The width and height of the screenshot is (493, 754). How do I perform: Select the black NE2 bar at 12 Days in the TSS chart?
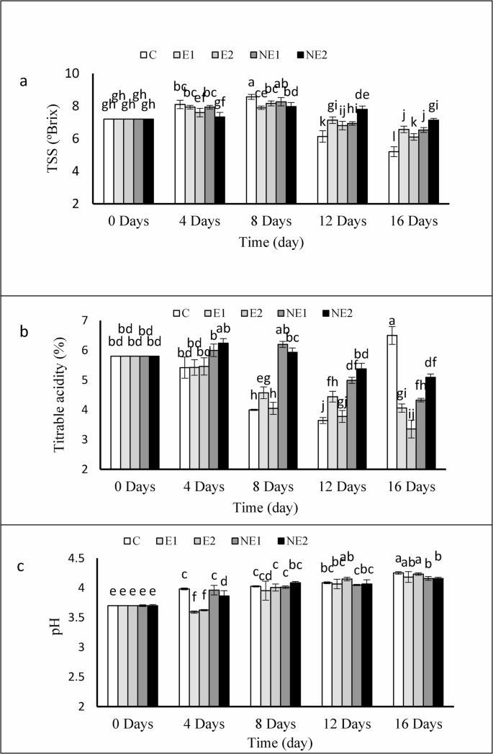362,156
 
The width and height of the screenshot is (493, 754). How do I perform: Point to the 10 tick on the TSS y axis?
91,73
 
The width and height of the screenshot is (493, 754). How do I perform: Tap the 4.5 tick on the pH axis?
89,559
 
